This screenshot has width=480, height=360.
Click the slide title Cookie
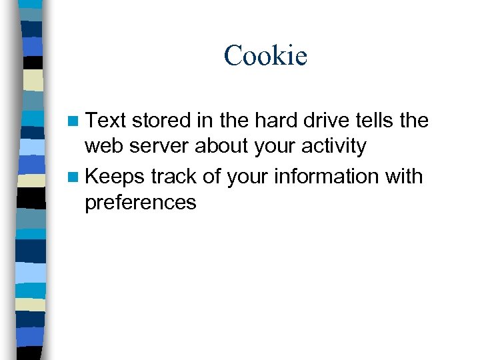coord(265,55)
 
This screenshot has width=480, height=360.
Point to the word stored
coord(161,121)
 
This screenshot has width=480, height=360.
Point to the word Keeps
coord(115,177)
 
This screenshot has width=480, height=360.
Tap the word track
coord(174,177)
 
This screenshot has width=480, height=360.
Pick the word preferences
coord(141,202)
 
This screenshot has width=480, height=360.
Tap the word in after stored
coord(204,121)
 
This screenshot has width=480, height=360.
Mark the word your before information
coord(249,177)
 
